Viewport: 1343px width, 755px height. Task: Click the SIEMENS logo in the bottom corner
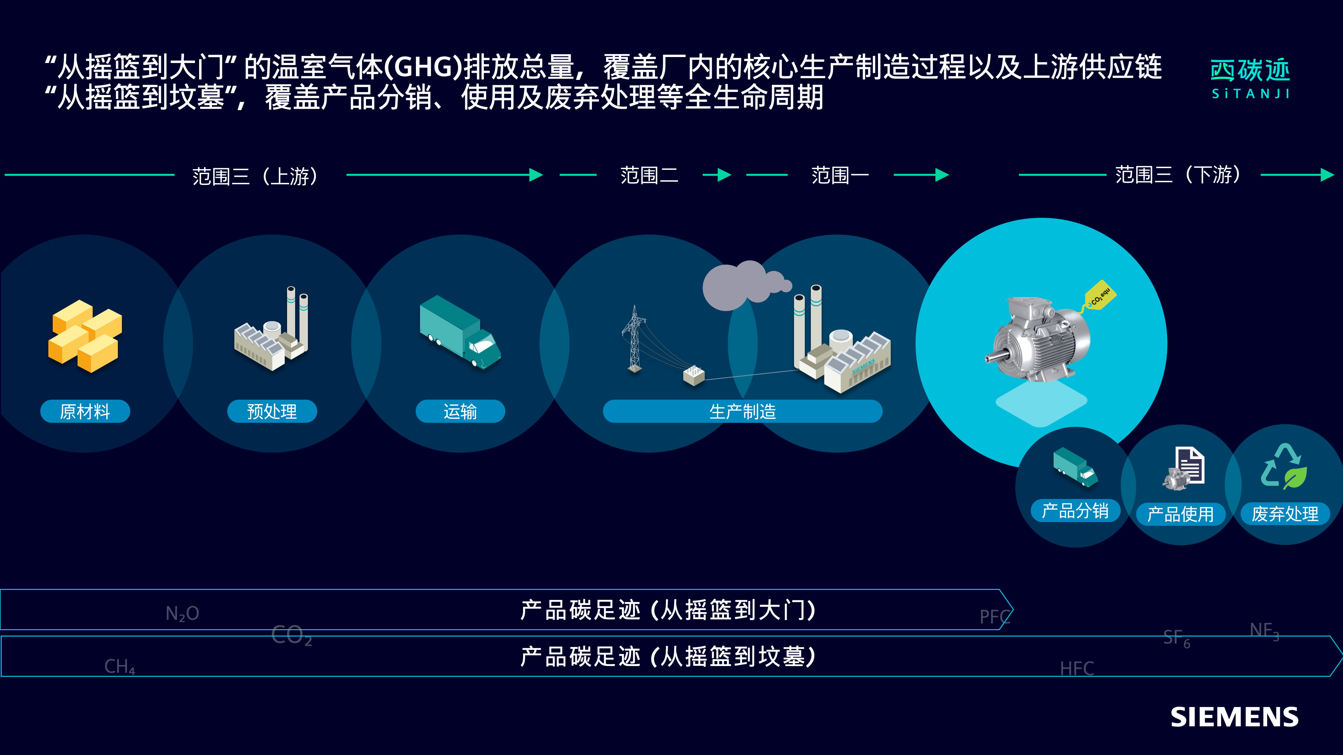point(1234,717)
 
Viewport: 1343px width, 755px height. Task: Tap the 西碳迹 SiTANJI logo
point(1250,79)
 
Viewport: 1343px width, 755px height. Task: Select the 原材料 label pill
point(85,411)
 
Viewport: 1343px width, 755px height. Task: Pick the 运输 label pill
point(460,411)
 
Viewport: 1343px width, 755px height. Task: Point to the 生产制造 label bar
point(742,411)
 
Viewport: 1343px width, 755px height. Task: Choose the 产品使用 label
point(1180,514)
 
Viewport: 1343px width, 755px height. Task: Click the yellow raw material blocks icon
point(85,336)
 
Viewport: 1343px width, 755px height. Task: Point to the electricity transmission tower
point(635,339)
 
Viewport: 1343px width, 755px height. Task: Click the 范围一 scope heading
point(840,175)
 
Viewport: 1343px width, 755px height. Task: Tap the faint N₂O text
point(182,613)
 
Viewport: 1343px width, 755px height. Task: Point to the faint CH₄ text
point(120,666)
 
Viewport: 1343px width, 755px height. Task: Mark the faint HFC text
point(1077,668)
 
